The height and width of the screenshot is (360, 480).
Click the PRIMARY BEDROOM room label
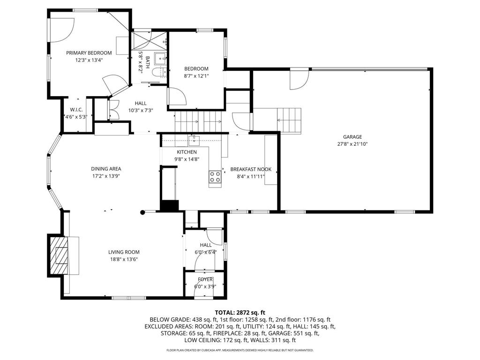point(89,53)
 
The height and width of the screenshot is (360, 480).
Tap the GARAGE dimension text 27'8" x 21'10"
point(352,144)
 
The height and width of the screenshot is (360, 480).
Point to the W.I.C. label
point(76,110)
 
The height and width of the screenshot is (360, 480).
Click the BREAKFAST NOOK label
point(250,170)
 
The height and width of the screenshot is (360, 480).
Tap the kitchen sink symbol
point(194,139)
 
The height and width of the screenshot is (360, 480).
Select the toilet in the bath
point(158,72)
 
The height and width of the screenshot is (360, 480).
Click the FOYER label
point(205,279)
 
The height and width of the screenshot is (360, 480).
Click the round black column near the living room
point(142,212)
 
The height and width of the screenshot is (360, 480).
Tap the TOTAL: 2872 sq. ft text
point(240,312)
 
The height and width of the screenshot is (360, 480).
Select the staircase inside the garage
point(289,120)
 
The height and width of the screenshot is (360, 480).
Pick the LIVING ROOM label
point(124,252)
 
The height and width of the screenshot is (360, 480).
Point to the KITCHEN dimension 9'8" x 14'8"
point(187,159)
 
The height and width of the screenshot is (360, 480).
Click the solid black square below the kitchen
point(170,205)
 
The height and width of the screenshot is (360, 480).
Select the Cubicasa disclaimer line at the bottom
point(240,350)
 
